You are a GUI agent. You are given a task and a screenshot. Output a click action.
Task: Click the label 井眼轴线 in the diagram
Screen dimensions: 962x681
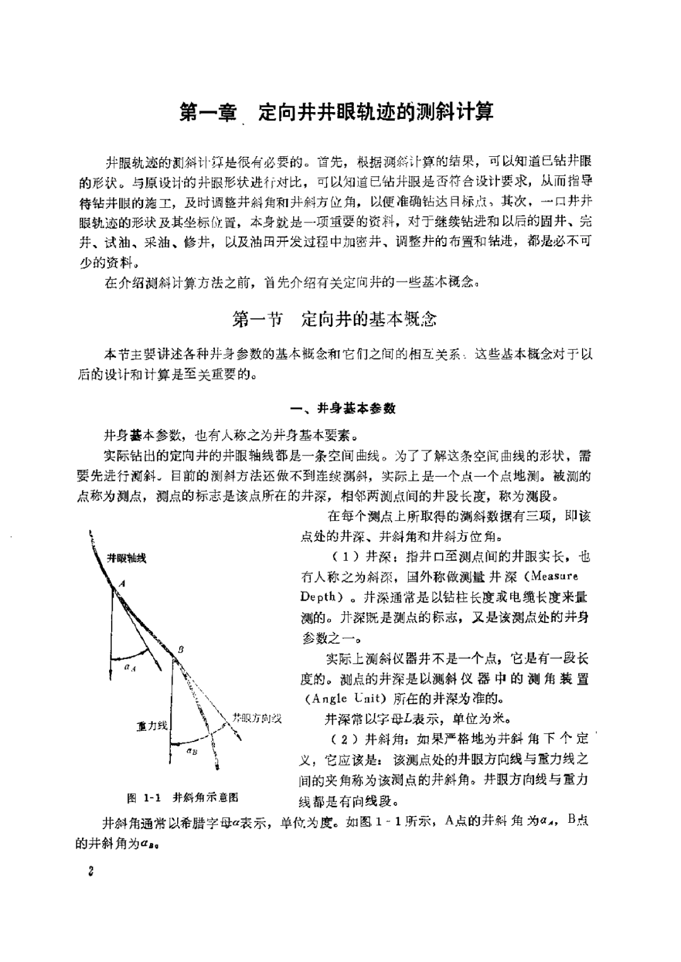coord(126,558)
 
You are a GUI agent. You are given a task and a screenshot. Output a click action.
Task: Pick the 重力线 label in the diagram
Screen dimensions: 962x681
coord(152,726)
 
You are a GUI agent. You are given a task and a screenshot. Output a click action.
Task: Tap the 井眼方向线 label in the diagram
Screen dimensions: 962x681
coord(257,718)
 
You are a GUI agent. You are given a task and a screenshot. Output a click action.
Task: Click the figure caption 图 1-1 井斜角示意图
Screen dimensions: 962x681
coord(183,798)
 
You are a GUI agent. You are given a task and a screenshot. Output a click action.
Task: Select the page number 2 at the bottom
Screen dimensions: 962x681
coord(91,871)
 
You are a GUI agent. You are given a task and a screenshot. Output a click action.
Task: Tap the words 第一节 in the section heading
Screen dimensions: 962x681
coord(257,319)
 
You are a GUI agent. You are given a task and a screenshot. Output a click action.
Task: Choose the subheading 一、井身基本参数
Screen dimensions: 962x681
coord(342,408)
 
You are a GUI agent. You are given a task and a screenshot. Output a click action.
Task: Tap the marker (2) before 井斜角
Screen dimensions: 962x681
coord(344,738)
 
